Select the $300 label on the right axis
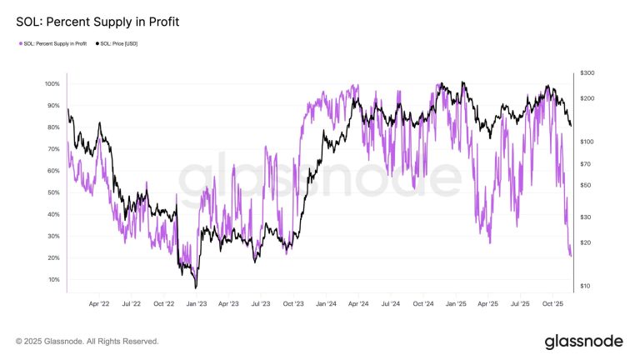[587, 73]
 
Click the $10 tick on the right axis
[585, 286]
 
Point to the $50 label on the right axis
[585, 185]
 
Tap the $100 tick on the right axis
[587, 142]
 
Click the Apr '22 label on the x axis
[100, 305]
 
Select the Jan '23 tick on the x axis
[197, 305]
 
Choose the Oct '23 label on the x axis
[293, 305]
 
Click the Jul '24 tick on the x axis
[390, 305]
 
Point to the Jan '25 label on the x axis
[455, 305]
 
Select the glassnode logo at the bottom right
[583, 341]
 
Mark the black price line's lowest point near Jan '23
[195, 287]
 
